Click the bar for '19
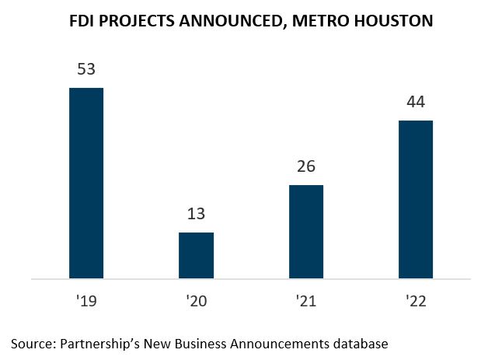86,183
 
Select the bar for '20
196,255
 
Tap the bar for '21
306,231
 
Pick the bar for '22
416,199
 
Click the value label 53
86,70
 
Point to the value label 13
196,215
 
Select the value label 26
306,167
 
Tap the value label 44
416,103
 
